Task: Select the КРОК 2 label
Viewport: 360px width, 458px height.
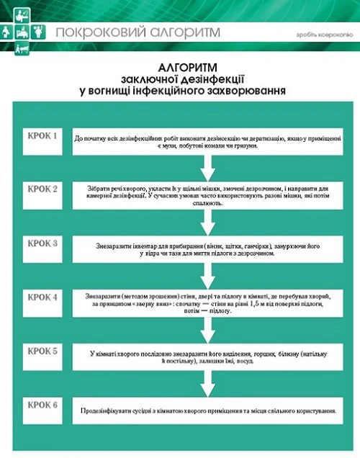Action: click(x=42, y=189)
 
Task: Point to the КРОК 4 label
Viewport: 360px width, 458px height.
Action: click(x=42, y=296)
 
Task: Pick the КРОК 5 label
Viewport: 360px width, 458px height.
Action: click(x=42, y=351)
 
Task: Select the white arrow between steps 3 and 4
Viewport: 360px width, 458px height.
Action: click(x=207, y=275)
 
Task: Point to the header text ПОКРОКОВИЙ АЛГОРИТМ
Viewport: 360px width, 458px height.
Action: click(x=138, y=32)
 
